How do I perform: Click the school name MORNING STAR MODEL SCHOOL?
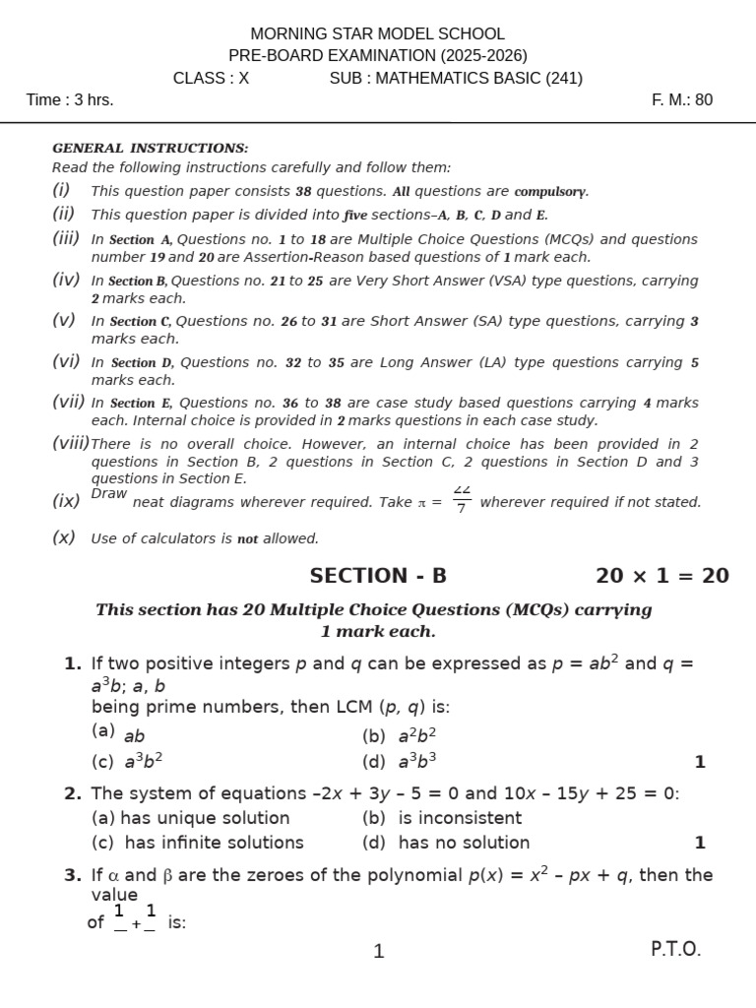tap(378, 33)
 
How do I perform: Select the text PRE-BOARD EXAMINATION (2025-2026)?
tap(378, 55)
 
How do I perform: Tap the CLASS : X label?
tap(211, 78)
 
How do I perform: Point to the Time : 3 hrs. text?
tap(70, 99)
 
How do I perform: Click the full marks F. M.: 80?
tap(682, 99)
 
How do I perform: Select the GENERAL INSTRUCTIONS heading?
tap(150, 148)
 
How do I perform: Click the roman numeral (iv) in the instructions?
tap(66, 280)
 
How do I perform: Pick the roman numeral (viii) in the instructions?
tap(70, 443)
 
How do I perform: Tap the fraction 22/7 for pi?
tap(462, 500)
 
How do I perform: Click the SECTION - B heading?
tap(378, 576)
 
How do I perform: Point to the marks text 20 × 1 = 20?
tap(661, 576)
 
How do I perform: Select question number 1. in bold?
tap(73, 663)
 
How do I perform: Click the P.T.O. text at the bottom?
tap(675, 949)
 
